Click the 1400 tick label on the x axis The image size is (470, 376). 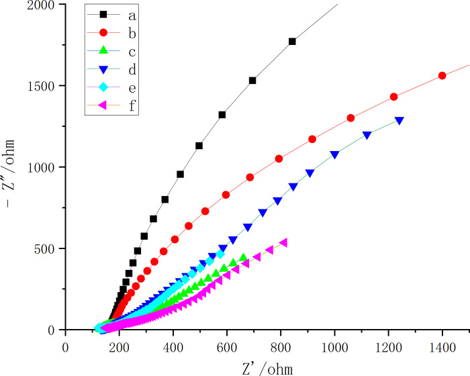442,348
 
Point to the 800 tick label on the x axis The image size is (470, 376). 281,348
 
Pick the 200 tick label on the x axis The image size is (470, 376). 119,348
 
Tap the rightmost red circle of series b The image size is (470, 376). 442,76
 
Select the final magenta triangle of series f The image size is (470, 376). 283,242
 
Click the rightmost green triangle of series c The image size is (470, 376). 243,257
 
